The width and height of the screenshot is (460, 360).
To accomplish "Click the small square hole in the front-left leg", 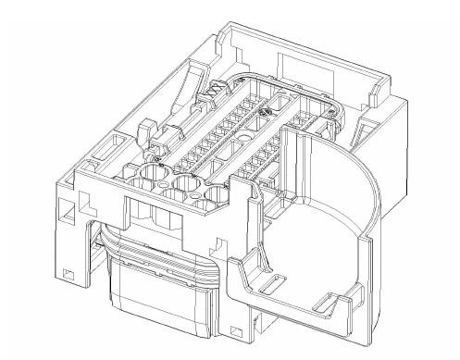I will [x=68, y=273].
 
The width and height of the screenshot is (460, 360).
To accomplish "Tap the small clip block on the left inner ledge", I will [x=145, y=131].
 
